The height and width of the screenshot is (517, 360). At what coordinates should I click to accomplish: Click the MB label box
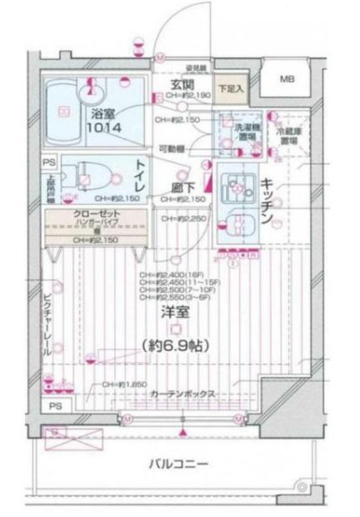pyautogui.click(x=287, y=80)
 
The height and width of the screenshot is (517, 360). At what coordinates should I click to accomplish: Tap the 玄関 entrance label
pyautogui.click(x=183, y=85)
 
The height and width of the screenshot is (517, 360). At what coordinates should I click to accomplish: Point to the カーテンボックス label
pyautogui.click(x=183, y=393)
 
